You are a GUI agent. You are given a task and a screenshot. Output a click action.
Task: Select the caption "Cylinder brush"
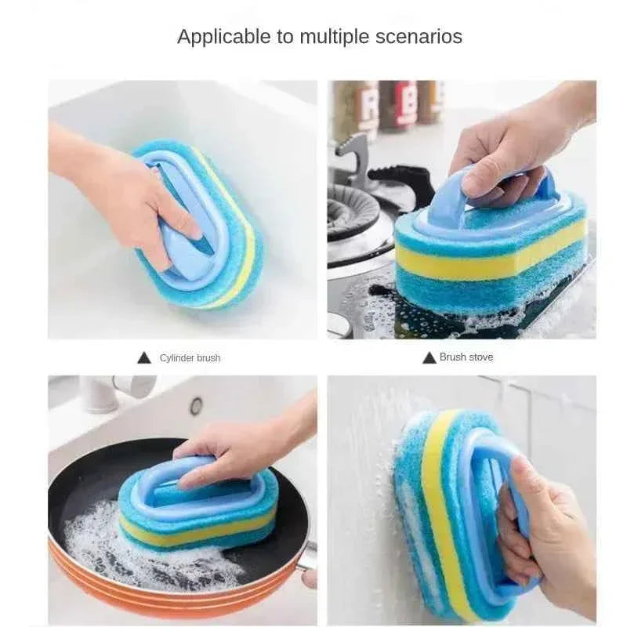pos(190,358)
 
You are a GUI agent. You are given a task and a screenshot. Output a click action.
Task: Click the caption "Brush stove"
pos(466,357)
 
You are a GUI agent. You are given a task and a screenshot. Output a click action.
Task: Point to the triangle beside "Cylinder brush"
pos(144,358)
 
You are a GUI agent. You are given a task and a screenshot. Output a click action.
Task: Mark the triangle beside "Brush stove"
pos(429,357)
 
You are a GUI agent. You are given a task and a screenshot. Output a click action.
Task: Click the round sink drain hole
pos(196,405)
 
